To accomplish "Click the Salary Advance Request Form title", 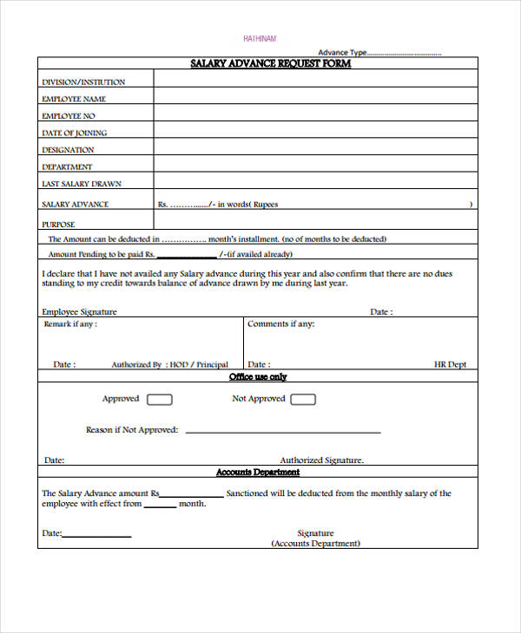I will (270, 64).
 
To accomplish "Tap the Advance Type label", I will (343, 52).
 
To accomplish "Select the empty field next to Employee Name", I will (315, 99).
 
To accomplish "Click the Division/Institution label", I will (83, 82).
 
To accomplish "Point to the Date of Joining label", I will (75, 133).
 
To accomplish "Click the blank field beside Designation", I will (315, 149).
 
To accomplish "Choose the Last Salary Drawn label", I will (82, 184).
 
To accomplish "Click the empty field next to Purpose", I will (315, 224).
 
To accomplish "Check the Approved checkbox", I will (160, 400).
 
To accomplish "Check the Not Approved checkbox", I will (302, 400).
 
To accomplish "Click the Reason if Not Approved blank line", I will (283, 431).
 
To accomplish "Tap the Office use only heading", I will (258, 377).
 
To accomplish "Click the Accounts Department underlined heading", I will (258, 473).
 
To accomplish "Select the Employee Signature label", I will (79, 312).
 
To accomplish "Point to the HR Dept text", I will (450, 365).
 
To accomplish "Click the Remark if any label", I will (70, 324).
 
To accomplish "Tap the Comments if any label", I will (280, 324).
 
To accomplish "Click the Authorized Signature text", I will (321, 460).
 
